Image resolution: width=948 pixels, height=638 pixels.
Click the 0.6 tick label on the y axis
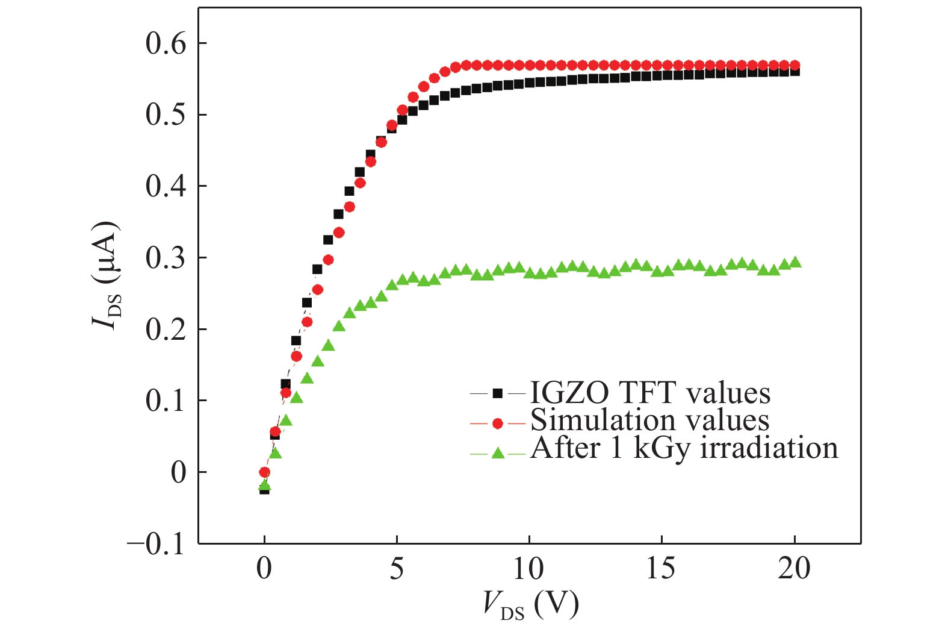coord(166,44)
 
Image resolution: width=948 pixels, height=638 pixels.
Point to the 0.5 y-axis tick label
coord(166,115)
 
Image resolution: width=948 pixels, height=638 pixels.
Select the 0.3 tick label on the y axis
coord(166,258)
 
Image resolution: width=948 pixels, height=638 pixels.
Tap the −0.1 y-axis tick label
coord(156,545)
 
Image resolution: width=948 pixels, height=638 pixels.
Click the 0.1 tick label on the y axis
coord(166,401)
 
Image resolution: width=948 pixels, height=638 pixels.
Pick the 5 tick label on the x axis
coord(397,569)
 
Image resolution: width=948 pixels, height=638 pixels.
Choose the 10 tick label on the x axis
coord(528,569)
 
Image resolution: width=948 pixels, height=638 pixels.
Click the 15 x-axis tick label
coord(661,569)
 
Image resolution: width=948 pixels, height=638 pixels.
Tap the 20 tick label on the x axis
coord(794,569)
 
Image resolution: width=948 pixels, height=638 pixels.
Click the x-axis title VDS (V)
coord(530,604)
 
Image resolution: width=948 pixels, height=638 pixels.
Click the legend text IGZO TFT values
coord(650,393)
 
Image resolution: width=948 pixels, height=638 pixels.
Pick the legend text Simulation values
coord(649,421)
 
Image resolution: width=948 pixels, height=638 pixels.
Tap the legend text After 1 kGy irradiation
coord(684,449)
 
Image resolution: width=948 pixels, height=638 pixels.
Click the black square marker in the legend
coord(497,393)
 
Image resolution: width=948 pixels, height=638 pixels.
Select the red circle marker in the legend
coord(497,424)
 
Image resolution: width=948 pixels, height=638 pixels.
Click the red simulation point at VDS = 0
coord(264,472)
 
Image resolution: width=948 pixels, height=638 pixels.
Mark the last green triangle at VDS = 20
coord(795,262)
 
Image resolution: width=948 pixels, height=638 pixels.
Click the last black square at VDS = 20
coord(795,72)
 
